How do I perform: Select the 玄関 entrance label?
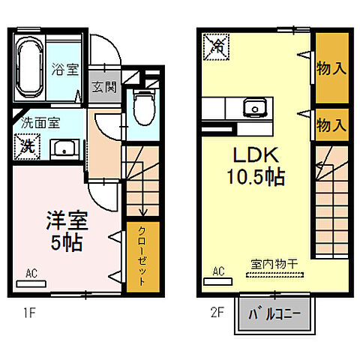[103, 87]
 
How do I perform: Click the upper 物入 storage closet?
[331, 68]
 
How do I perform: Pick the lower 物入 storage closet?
[331, 124]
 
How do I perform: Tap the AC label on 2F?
[220, 271]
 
